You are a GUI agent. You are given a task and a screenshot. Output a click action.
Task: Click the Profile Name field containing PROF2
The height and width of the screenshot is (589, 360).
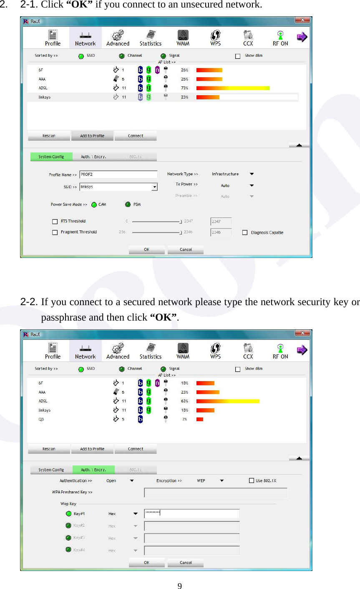coord(118,174)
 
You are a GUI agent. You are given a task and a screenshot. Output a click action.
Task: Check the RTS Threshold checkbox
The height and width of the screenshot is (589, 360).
coord(55,222)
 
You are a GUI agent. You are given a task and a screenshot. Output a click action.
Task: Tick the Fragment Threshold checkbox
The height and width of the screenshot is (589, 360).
coord(55,233)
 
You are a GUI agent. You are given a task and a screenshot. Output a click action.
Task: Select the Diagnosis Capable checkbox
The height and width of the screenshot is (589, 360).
coord(245,233)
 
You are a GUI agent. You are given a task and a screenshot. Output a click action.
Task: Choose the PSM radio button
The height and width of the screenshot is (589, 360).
coord(128,205)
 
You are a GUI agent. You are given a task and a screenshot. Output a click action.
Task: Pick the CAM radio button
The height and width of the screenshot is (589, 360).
coord(94,205)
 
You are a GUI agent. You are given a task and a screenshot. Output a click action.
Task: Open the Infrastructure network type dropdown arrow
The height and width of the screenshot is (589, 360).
coord(252,174)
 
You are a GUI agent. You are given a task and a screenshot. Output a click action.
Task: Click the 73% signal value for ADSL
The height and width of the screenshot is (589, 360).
coord(184,88)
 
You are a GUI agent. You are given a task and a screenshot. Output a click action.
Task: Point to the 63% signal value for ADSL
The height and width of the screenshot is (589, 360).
coord(184,401)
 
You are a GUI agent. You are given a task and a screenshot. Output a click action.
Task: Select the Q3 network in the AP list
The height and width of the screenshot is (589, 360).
coord(41,419)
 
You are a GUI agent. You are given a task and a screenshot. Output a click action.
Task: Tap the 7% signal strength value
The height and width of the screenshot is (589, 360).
coord(184,419)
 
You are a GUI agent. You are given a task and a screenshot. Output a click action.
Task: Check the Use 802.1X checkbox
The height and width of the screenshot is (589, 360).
coord(252,480)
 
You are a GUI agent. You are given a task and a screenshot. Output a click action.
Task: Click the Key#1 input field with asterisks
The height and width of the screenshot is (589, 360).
coord(192,514)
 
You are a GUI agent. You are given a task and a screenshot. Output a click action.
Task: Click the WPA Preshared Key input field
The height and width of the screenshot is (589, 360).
coord(216,493)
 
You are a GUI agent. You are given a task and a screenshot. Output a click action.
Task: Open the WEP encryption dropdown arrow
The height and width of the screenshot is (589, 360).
coord(222,481)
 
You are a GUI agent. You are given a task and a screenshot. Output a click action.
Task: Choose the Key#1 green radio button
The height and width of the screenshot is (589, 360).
coord(68,514)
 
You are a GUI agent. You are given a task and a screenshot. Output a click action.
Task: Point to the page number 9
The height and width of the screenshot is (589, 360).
coord(180,586)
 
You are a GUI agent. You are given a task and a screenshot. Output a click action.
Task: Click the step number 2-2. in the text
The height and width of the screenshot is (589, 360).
coord(30,302)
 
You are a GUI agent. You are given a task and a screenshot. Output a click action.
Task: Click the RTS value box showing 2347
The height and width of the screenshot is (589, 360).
coord(221,222)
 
